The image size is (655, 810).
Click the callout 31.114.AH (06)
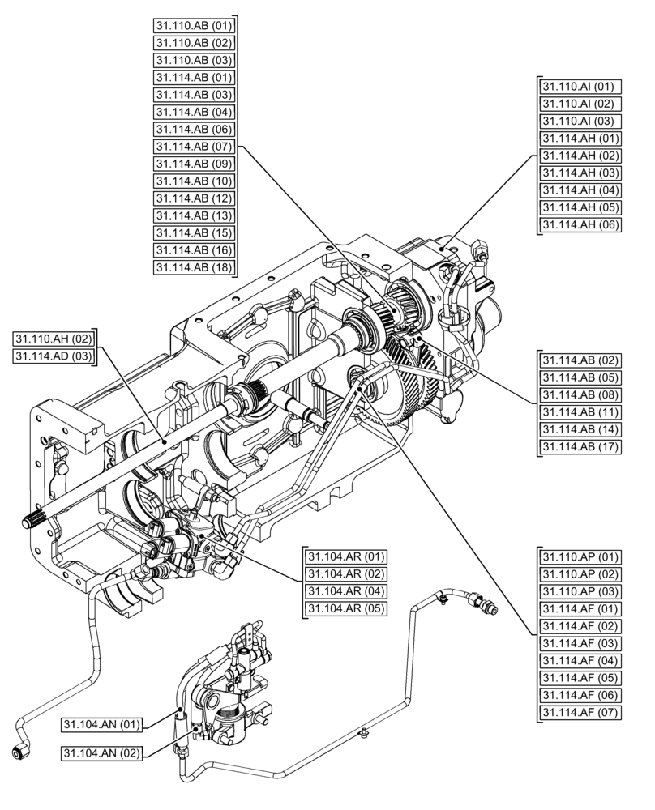(x=580, y=225)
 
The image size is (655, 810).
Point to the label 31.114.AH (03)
(x=580, y=173)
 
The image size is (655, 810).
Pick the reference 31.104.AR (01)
(x=346, y=556)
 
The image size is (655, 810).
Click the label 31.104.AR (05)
(x=346, y=609)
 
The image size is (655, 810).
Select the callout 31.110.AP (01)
(x=580, y=556)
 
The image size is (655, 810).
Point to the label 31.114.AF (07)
(x=580, y=713)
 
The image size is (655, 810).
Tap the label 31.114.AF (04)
(x=580, y=661)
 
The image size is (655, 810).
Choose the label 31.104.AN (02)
(x=102, y=753)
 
